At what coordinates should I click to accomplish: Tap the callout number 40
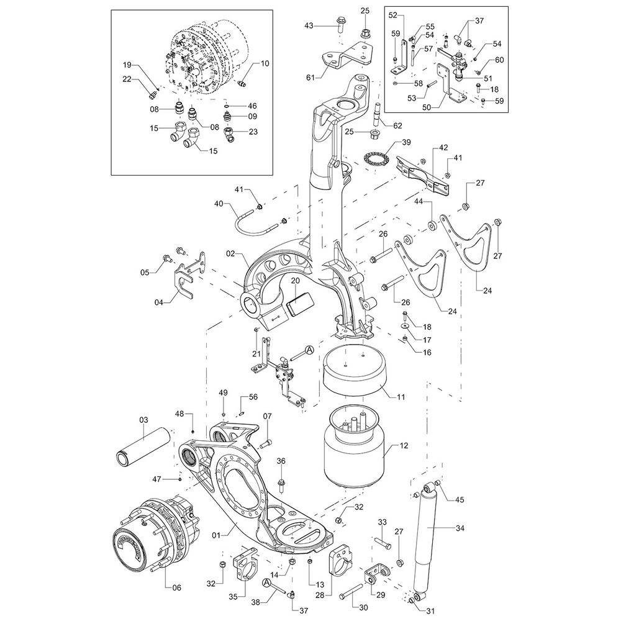click(219, 204)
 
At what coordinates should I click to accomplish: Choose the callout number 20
click(296, 281)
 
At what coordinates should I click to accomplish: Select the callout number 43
click(309, 25)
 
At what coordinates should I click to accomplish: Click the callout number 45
click(460, 500)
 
